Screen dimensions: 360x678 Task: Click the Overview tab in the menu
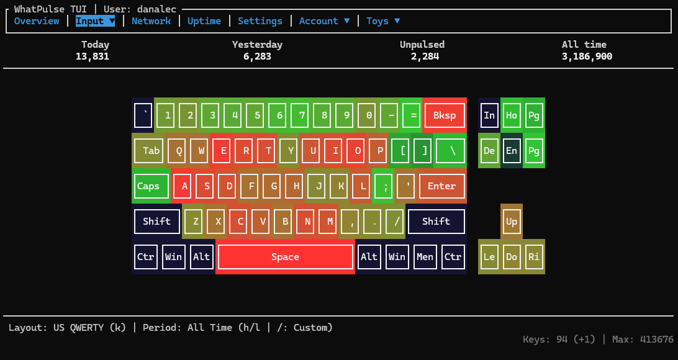36,21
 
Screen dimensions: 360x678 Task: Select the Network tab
151,21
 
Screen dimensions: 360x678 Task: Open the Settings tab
260,21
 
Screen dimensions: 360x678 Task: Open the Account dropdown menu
324,21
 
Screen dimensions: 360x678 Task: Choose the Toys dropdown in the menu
382,21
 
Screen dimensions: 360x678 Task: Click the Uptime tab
204,21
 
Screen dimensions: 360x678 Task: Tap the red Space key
285,257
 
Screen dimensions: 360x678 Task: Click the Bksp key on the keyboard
444,115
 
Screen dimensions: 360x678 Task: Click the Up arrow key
512,222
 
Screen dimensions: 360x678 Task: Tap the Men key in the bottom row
425,257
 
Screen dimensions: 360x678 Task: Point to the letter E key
224,151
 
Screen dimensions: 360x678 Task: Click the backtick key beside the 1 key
143,115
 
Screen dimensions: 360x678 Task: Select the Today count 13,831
92,56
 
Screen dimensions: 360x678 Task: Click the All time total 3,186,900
587,56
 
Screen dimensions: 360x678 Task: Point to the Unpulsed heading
422,45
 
